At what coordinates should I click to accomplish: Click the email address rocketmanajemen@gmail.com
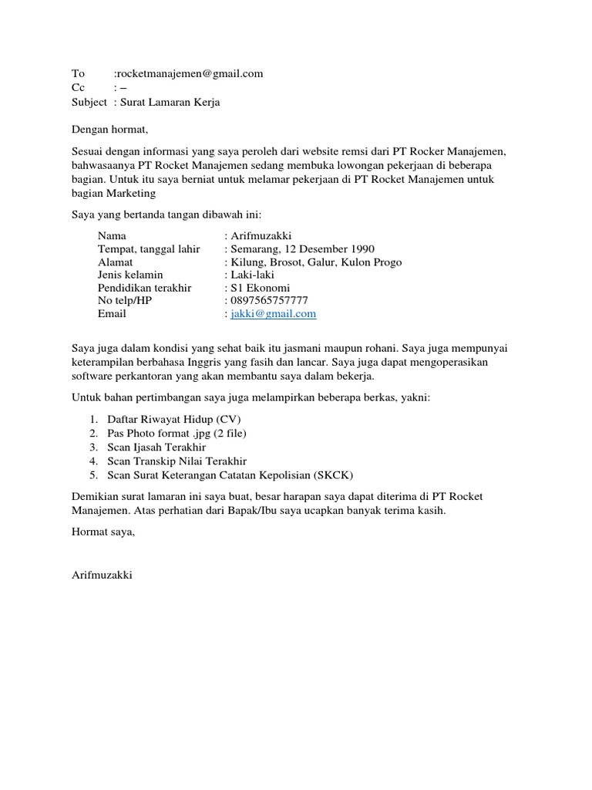tap(190, 74)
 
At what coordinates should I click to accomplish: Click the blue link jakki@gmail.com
tap(274, 314)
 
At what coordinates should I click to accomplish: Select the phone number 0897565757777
tap(269, 301)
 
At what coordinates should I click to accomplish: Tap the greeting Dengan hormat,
tap(109, 129)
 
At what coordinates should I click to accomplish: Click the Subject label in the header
tap(89, 102)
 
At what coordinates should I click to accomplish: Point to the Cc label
tap(79, 88)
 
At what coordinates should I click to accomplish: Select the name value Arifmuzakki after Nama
tap(261, 236)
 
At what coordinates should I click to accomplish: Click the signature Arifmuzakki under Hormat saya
tap(102, 576)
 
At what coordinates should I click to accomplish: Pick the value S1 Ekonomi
tap(261, 288)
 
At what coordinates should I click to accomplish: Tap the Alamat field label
tap(116, 262)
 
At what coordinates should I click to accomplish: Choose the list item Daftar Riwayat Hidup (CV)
tap(174, 419)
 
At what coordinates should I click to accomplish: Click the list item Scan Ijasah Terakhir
tap(157, 447)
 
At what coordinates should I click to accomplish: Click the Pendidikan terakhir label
tap(145, 288)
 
